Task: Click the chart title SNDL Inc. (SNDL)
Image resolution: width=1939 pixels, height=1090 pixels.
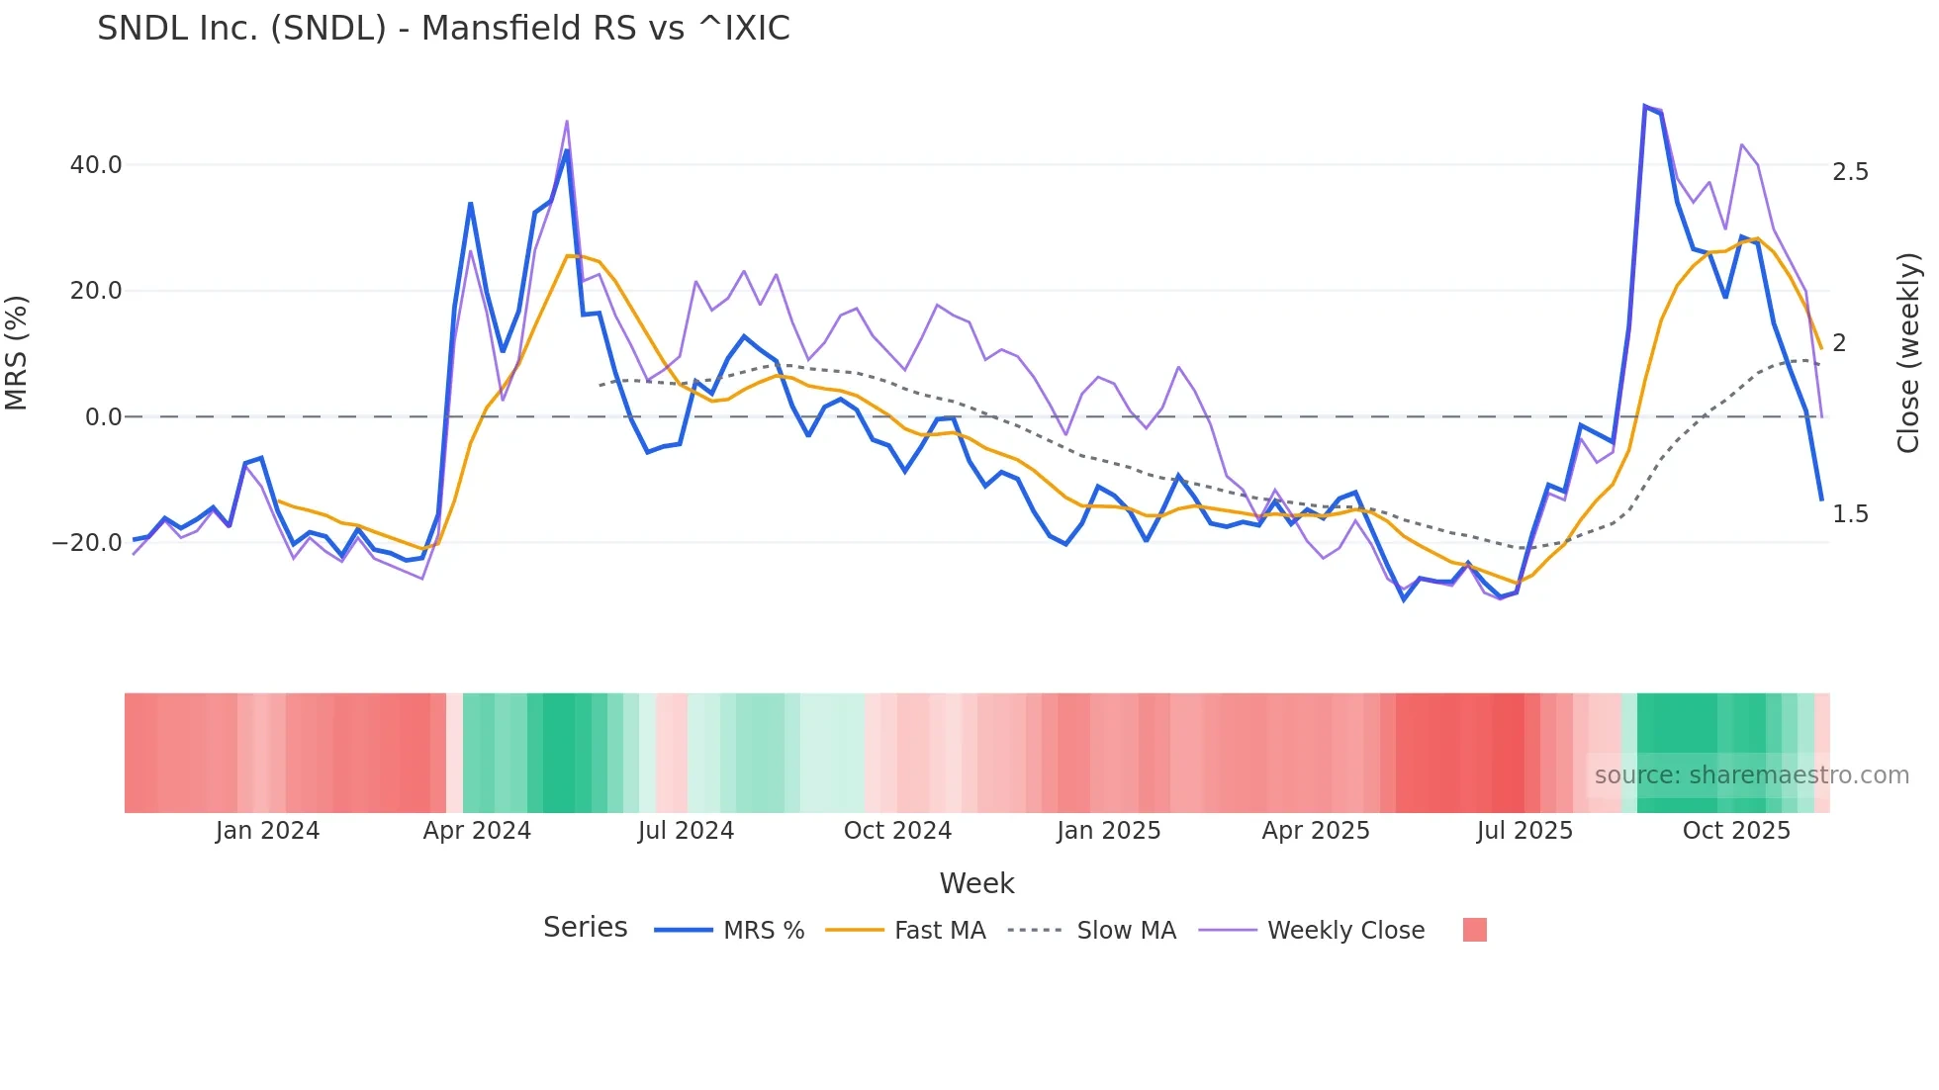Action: point(443,29)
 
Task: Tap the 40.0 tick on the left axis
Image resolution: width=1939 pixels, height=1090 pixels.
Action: point(96,165)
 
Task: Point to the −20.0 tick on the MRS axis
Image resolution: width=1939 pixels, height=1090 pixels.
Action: point(87,543)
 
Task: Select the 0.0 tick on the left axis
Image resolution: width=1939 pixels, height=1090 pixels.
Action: point(103,417)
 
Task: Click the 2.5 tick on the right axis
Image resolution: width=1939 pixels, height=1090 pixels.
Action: point(1850,172)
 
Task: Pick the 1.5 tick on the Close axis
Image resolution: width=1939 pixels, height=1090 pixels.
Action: point(1850,514)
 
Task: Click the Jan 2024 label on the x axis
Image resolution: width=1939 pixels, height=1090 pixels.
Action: point(267,831)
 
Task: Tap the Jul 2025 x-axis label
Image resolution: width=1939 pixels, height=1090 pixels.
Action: point(1524,831)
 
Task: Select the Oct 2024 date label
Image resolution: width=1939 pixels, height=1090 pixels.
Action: point(897,831)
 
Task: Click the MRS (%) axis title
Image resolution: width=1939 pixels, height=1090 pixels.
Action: point(17,353)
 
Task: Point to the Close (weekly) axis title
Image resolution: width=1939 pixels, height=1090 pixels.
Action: point(1908,353)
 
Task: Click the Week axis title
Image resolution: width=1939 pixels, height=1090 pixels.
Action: point(976,883)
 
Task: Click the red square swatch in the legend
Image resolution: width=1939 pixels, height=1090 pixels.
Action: point(1474,930)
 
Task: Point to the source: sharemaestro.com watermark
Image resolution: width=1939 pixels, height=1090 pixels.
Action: point(1751,775)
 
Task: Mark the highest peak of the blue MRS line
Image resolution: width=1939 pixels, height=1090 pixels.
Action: point(1644,106)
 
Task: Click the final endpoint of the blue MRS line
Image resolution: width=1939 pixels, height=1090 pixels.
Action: point(1821,500)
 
